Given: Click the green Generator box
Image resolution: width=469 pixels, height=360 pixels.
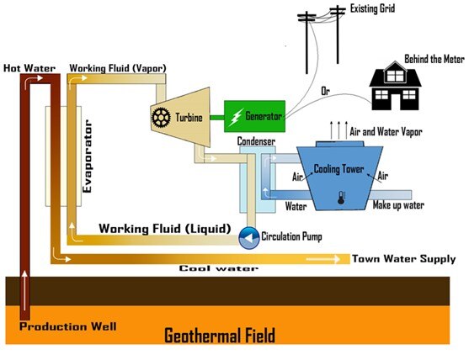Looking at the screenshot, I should coord(254,115).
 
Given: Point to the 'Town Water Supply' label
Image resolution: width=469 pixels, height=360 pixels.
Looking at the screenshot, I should coord(402,259).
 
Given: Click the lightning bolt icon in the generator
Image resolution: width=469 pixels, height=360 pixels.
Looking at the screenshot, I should coord(235,115).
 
